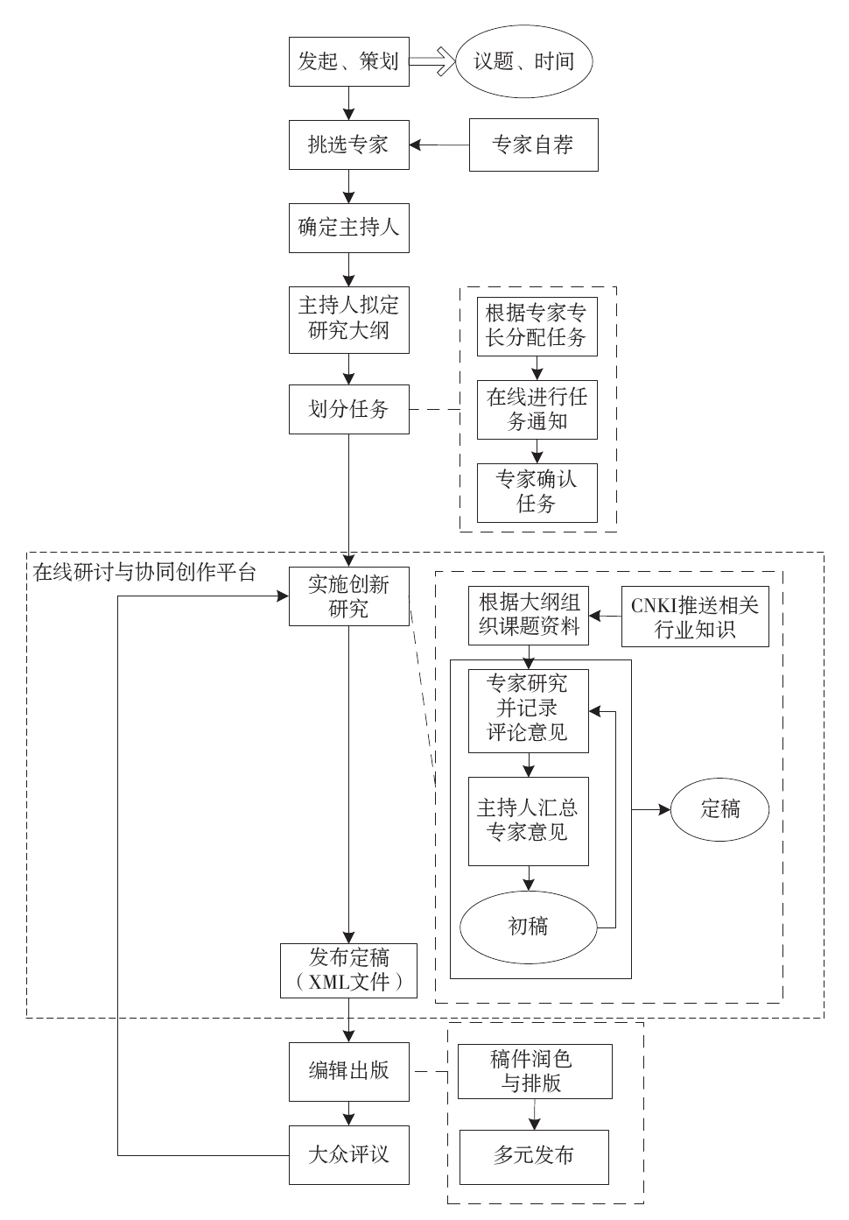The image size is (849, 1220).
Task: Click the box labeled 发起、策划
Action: [349, 61]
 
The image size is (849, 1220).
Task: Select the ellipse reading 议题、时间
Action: [524, 61]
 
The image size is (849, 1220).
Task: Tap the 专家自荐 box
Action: [534, 145]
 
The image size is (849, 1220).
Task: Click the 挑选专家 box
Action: [349, 145]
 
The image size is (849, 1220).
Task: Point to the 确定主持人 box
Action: [349, 228]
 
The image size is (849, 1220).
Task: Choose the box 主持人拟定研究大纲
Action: [349, 319]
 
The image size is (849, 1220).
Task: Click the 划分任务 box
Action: [349, 409]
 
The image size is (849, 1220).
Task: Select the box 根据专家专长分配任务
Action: [537, 326]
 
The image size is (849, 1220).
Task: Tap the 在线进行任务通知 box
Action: [537, 409]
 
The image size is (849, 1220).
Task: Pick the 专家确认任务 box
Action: [537, 491]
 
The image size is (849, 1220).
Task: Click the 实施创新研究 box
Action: [349, 596]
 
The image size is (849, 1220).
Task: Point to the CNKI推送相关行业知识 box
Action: [695, 617]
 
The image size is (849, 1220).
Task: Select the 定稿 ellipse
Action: [720, 809]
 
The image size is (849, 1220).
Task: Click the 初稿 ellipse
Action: [528, 926]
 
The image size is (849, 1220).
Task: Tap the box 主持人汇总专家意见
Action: [528, 821]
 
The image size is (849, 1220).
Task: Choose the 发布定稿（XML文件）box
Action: [349, 970]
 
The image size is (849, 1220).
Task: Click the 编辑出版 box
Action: [349, 1071]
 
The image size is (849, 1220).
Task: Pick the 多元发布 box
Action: [534, 1156]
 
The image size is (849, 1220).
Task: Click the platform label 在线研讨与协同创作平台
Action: [144, 574]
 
